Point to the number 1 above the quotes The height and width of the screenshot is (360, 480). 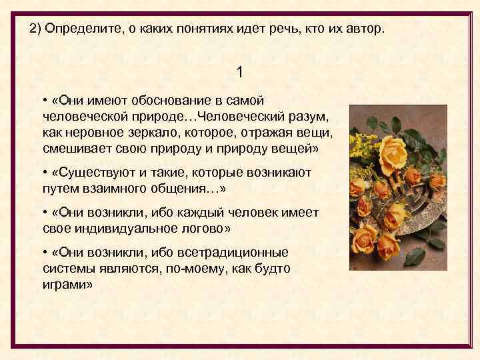coord(240,71)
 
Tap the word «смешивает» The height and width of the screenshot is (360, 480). coord(74,149)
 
